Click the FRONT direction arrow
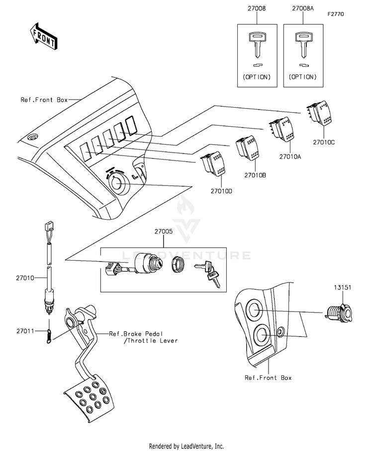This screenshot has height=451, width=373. tap(43, 36)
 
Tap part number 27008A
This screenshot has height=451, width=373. tap(303, 8)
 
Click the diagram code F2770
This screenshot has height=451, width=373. tap(336, 14)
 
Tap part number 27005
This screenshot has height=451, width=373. tap(164, 231)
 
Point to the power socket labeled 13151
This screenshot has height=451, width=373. tap(339, 313)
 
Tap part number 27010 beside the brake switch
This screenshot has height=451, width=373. tap(25, 278)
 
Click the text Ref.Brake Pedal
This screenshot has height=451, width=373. tap(136, 334)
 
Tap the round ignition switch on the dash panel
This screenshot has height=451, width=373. tap(118, 184)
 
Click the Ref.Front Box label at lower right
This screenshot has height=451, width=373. tap(268, 378)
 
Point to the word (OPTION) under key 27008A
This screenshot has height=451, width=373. tap(303, 77)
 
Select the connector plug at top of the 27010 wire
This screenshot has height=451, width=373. tap(49, 225)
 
